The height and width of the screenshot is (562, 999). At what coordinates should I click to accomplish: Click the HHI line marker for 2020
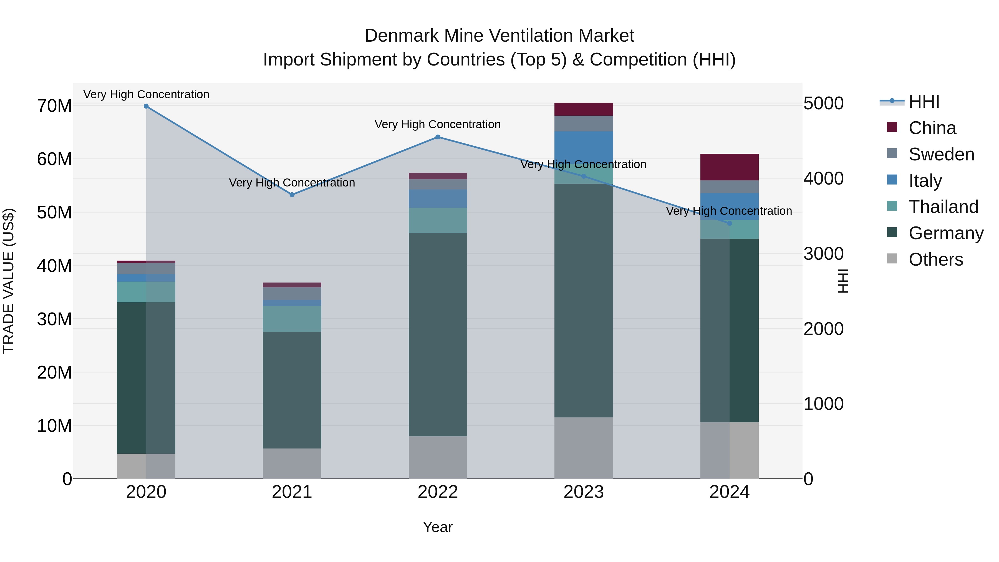coord(146,106)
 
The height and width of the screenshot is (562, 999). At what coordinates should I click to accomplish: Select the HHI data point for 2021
coord(292,195)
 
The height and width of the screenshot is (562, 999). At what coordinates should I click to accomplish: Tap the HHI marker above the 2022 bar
coord(438,137)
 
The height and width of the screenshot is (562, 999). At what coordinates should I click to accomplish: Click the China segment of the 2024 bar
coord(729,167)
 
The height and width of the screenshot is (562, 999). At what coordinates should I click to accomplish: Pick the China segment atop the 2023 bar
coord(583,109)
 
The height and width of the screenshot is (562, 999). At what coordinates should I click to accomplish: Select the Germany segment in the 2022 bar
coord(438,334)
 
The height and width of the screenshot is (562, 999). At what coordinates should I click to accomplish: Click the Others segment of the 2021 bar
coord(292,463)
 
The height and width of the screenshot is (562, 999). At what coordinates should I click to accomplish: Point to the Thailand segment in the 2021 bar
coord(292,319)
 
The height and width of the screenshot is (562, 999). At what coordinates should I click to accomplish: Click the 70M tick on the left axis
coord(54,106)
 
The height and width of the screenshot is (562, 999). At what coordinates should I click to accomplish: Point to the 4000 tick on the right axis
coord(823,178)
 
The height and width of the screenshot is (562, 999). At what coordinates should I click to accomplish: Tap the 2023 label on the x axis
coord(583,492)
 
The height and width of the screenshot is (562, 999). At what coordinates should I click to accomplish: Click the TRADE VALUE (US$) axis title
coord(9,281)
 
